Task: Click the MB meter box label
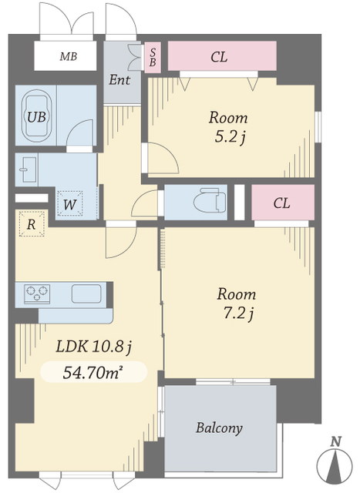pos(69,56)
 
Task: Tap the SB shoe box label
pos(153,57)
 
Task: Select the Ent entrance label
pos(119,80)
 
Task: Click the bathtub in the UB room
pos(38,116)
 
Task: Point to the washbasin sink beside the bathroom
pos(29,169)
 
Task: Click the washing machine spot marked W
pos(70,203)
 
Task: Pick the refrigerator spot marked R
pos(32,224)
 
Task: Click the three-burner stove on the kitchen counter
pos(37,293)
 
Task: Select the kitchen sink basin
pos(86,293)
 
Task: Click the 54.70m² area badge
pos(94,372)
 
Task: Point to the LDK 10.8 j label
pos(93,347)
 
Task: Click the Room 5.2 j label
pos(229,127)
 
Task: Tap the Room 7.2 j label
pos(237,304)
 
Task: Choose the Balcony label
pos(220,428)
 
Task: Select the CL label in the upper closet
pos(219,57)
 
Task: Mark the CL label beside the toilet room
pos(281,203)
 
